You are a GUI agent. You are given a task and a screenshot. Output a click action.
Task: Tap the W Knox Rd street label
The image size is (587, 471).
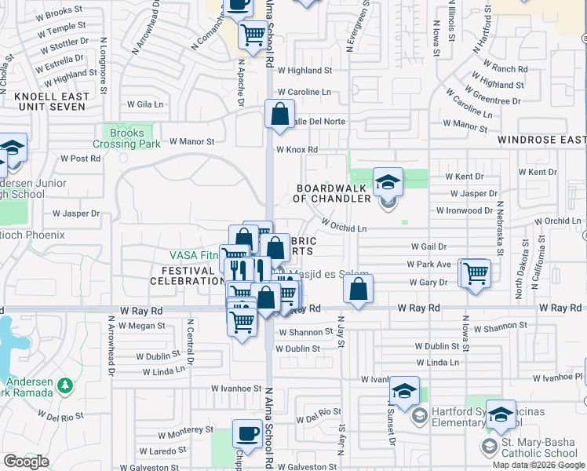click(x=296, y=150)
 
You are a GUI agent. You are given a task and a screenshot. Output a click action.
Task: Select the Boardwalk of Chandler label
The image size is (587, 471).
click(x=332, y=193)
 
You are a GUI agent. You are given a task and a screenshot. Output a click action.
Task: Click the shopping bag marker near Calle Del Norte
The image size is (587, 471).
click(x=279, y=115)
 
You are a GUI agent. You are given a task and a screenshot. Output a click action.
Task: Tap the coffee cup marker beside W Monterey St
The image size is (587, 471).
click(x=248, y=434)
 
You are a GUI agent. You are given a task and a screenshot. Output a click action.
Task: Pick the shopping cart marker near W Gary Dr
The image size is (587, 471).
click(x=475, y=274)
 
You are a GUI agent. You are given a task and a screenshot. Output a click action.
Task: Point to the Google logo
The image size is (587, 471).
click(x=27, y=462)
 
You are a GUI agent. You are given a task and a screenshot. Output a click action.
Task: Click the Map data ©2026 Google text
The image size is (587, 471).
click(x=539, y=465)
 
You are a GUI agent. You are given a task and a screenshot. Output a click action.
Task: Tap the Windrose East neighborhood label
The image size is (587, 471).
click(x=541, y=140)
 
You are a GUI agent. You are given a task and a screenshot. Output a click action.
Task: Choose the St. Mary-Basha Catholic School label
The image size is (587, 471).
click(x=535, y=447)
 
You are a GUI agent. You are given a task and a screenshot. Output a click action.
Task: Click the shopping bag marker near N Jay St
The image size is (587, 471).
click(x=358, y=289)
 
